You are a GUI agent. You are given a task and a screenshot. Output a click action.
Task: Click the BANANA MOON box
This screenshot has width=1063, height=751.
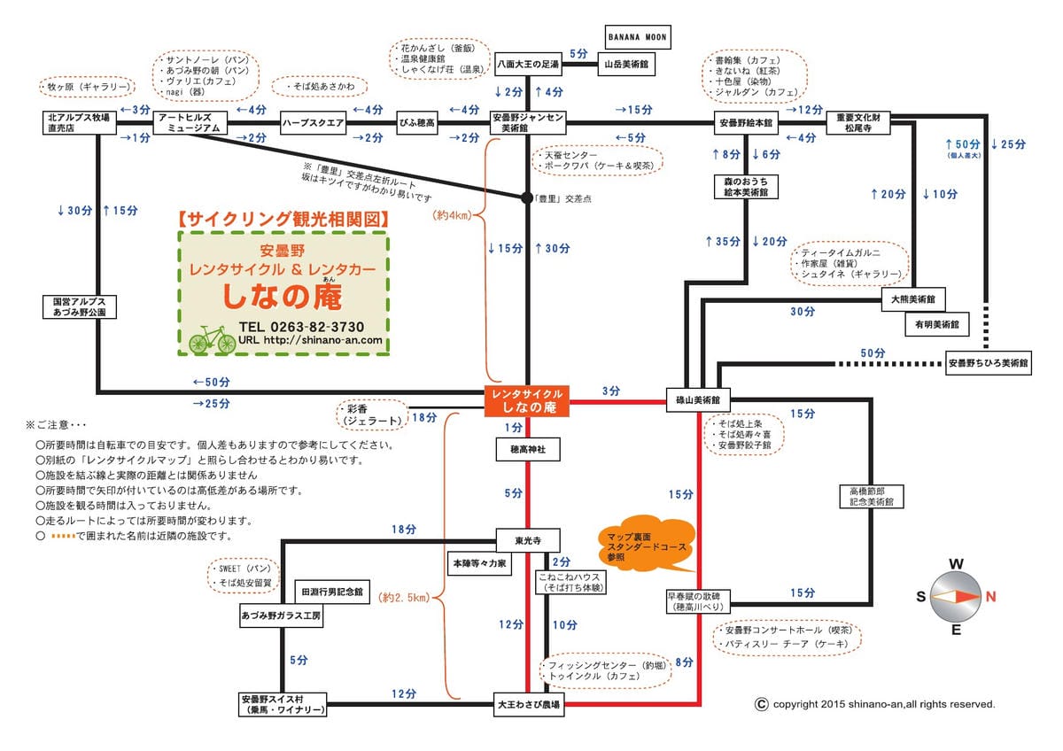(636, 37)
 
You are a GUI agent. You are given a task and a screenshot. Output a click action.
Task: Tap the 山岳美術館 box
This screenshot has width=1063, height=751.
(626, 65)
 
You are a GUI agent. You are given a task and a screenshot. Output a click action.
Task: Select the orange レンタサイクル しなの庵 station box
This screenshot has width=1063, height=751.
(527, 400)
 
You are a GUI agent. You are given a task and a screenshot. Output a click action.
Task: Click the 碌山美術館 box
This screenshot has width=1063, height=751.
(697, 401)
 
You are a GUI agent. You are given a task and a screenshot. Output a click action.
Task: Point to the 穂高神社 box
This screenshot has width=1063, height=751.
(528, 451)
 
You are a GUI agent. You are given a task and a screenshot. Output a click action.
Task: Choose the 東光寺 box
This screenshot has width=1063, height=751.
(528, 538)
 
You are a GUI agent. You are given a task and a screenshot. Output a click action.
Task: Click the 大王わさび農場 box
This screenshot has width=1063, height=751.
(528, 706)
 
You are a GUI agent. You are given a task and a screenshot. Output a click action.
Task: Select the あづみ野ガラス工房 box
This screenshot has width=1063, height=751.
(281, 614)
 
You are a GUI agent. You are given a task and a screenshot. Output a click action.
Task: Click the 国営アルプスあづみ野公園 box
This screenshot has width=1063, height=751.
(80, 307)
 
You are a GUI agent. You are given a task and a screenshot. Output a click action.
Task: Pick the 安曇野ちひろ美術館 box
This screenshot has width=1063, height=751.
(988, 363)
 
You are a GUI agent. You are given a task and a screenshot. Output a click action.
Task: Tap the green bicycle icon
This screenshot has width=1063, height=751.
(213, 339)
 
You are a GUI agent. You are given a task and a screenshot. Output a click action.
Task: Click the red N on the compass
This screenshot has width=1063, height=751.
(989, 596)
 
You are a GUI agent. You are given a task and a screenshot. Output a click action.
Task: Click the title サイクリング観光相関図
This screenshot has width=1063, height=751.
(283, 217)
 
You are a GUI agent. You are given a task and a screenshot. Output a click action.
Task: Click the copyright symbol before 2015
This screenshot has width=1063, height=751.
(760, 704)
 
